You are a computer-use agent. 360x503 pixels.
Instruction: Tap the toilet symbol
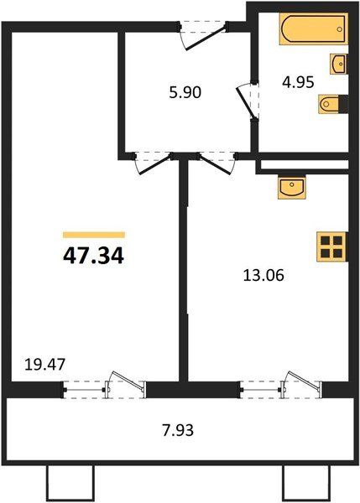(x=330, y=104)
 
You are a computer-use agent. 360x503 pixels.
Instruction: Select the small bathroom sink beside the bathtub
(x=340, y=64)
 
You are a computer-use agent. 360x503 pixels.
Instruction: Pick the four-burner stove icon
(x=331, y=246)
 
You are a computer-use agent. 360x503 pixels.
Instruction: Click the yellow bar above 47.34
(x=94, y=236)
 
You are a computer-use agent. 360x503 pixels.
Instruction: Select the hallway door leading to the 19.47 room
(x=152, y=162)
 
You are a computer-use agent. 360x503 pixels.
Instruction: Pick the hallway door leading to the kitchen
(x=215, y=162)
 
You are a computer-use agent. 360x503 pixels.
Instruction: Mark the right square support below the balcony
(x=300, y=485)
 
